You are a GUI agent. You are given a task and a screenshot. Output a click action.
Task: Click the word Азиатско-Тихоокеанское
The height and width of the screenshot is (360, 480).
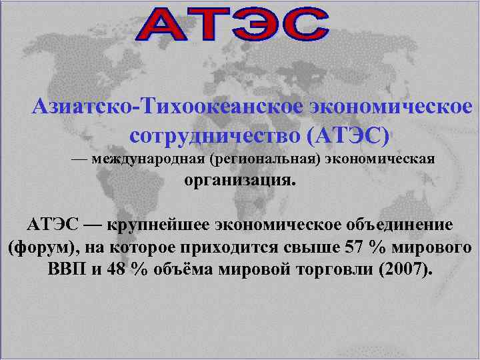(166, 106)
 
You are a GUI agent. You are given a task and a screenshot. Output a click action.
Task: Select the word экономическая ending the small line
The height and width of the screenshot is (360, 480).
(381, 159)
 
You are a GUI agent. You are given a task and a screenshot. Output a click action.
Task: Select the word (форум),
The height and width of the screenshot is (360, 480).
(41, 247)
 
